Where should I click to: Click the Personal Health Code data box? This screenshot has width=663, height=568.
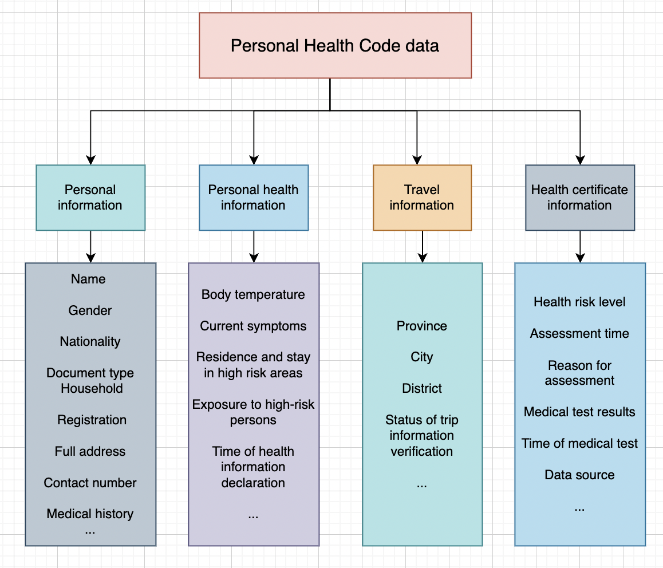click(x=336, y=45)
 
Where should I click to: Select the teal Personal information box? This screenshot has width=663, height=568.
click(x=90, y=198)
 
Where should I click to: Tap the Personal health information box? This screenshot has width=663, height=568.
click(x=254, y=198)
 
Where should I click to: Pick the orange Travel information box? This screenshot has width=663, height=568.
click(x=423, y=198)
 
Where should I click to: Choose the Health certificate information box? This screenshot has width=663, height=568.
click(x=580, y=198)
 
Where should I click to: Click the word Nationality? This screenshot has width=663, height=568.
click(x=90, y=341)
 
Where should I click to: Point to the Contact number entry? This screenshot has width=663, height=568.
click(x=90, y=483)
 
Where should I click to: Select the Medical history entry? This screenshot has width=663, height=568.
click(x=90, y=514)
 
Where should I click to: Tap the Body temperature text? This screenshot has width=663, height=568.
click(x=253, y=294)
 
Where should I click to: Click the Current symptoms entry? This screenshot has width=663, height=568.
click(x=253, y=326)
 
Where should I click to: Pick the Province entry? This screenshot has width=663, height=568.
click(x=421, y=326)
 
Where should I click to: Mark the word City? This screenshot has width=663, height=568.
click(x=421, y=357)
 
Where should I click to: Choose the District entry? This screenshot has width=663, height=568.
click(x=421, y=388)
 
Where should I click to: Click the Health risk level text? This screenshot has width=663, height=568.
click(x=579, y=302)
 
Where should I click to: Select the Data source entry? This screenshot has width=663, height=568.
click(x=579, y=475)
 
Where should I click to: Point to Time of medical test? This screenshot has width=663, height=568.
click(x=579, y=443)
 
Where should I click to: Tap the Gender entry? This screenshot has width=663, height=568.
click(x=90, y=310)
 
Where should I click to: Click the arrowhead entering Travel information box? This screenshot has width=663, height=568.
click(x=417, y=160)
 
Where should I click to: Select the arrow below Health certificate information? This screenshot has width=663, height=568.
click(x=580, y=247)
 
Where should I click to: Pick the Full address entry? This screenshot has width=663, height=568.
click(x=90, y=451)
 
